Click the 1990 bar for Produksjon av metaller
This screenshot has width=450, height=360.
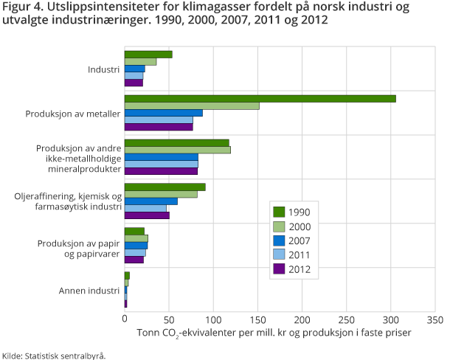[x=260, y=98]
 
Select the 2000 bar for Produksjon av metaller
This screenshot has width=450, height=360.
[x=192, y=105]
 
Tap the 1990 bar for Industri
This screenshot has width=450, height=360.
[x=148, y=54]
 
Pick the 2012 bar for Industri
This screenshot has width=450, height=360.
[x=134, y=83]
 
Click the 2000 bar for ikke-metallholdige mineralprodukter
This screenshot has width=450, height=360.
[x=177, y=150]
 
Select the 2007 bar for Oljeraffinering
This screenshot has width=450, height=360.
[x=150, y=201]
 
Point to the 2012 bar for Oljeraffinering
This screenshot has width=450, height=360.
[x=147, y=215]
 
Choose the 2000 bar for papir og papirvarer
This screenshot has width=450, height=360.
[x=136, y=238]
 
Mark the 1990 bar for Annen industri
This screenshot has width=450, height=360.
[x=127, y=275]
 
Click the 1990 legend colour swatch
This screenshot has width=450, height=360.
[x=279, y=212]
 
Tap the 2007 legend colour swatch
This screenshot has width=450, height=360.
[x=279, y=240]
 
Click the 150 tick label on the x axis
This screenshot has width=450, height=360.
[x=257, y=320]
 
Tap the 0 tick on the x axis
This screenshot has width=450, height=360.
[x=125, y=320]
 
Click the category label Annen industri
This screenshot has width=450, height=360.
[x=89, y=290]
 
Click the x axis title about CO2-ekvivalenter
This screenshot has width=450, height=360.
[x=274, y=333]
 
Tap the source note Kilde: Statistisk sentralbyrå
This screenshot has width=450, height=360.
[x=54, y=355]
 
